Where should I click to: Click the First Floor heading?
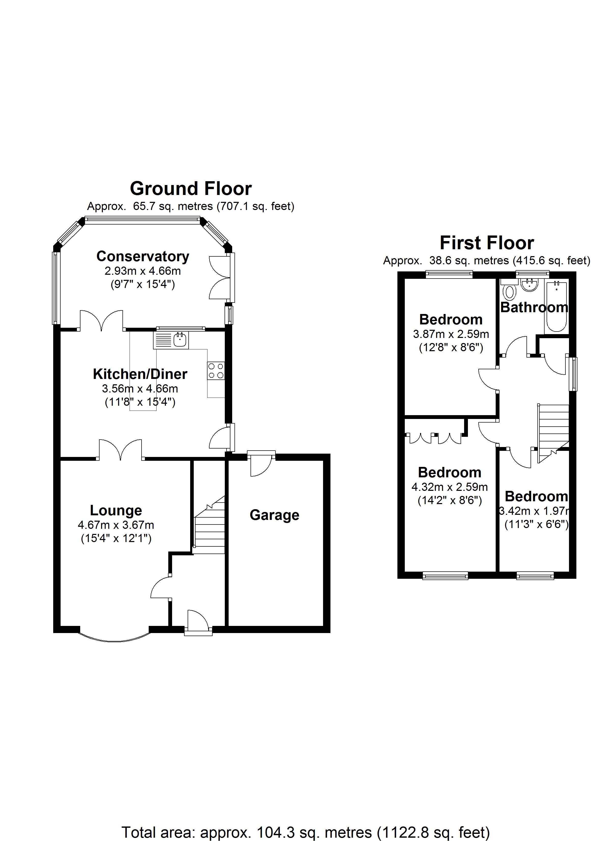(x=487, y=243)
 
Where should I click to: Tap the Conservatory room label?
(x=143, y=256)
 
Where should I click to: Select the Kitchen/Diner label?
(x=140, y=374)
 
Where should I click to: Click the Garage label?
(x=274, y=515)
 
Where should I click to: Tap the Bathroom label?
(x=534, y=307)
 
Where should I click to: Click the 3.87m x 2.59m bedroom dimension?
(x=451, y=334)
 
